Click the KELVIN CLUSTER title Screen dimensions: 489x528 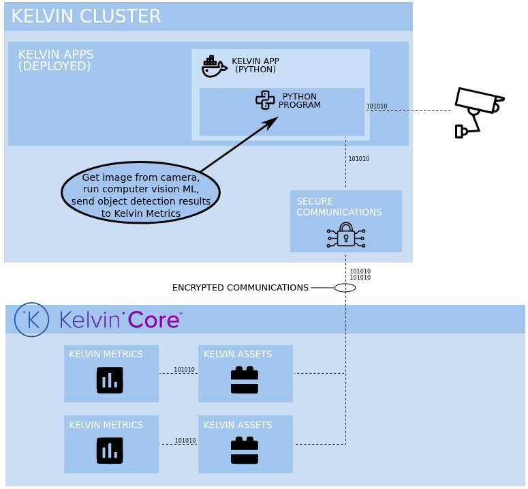tap(86, 16)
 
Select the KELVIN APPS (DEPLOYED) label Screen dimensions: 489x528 tap(55, 60)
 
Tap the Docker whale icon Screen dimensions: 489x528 tap(213, 66)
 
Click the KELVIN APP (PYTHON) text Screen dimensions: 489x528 tap(255, 65)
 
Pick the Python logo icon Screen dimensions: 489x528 tap(265, 100)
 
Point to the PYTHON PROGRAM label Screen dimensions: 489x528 tap(299, 101)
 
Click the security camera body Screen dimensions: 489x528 tap(476, 100)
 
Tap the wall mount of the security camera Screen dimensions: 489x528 tap(460, 132)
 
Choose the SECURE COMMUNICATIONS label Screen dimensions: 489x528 tap(339, 207)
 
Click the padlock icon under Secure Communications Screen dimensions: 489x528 tap(346, 235)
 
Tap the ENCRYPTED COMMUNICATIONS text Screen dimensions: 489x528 tap(240, 288)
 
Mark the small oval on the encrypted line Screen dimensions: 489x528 tap(345, 288)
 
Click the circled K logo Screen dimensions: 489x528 tap(31, 320)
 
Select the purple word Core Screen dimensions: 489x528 tap(153, 320)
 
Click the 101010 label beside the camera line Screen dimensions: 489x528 tap(377, 106)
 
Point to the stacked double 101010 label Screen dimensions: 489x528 tap(360, 275)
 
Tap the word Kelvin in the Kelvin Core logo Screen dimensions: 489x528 tap(91, 320)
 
